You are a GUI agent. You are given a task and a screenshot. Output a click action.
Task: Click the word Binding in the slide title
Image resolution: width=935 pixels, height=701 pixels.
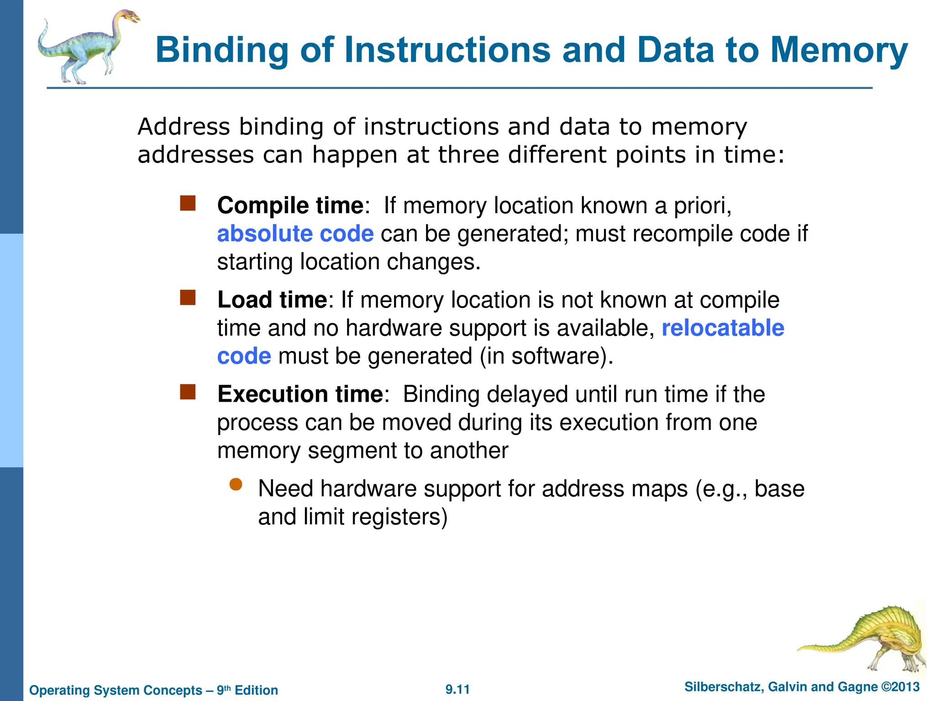222,50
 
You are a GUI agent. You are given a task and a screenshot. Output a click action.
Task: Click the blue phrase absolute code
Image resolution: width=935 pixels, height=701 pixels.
295,234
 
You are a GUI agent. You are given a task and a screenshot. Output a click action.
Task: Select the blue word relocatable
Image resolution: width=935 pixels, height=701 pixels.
723,328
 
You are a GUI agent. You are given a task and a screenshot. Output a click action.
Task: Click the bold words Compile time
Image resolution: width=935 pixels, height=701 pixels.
290,205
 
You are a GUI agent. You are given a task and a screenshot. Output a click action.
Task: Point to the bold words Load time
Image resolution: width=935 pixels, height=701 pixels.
272,300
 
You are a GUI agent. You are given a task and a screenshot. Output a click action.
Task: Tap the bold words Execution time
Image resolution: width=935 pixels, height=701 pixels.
300,394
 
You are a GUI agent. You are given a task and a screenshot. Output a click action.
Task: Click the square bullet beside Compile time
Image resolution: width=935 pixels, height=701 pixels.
188,204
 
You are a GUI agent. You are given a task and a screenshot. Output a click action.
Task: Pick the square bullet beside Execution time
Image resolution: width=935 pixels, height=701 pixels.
188,392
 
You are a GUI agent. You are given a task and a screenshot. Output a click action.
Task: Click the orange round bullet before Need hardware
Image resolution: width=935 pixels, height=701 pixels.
236,484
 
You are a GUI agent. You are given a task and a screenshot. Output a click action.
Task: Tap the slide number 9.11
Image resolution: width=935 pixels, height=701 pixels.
457,689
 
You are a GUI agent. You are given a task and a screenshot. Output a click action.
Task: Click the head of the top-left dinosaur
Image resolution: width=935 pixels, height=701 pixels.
130,17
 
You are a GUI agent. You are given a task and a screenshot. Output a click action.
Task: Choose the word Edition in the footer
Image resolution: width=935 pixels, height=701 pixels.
256,690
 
